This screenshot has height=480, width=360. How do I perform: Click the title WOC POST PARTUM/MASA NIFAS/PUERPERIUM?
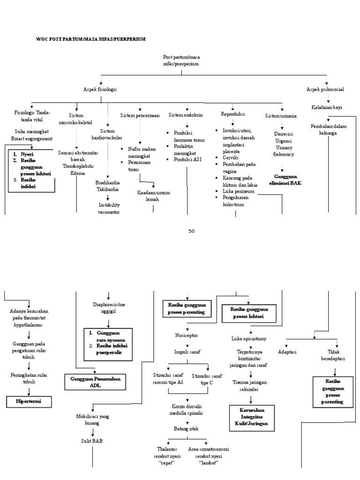(91, 39)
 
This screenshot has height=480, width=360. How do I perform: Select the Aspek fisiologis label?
(100, 89)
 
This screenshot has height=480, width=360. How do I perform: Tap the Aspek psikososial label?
(326, 89)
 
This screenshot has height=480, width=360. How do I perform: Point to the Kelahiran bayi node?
(327, 107)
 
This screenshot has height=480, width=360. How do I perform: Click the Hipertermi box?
(29, 402)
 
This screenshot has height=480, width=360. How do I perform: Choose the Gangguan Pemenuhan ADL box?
(95, 382)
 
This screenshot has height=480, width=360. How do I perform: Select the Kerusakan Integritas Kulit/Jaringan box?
(251, 418)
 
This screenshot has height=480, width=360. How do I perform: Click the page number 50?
(191, 231)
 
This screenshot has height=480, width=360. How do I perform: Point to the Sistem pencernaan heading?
(140, 115)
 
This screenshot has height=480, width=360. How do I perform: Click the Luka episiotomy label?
(248, 338)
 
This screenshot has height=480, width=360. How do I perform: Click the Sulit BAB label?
(92, 441)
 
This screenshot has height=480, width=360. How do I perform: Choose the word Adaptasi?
(287, 352)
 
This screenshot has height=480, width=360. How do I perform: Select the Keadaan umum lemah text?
(153, 196)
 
